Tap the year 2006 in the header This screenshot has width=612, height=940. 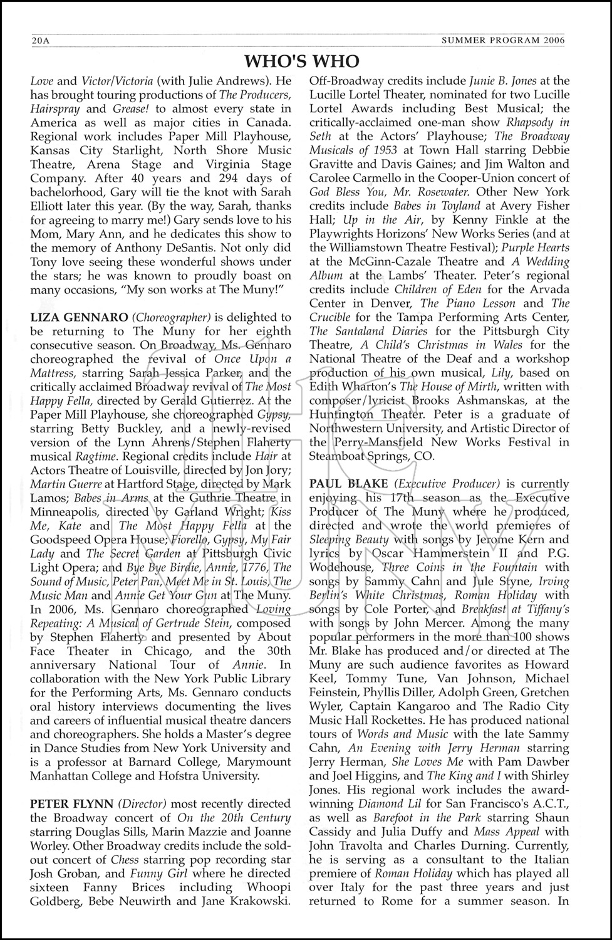(x=552, y=41)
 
